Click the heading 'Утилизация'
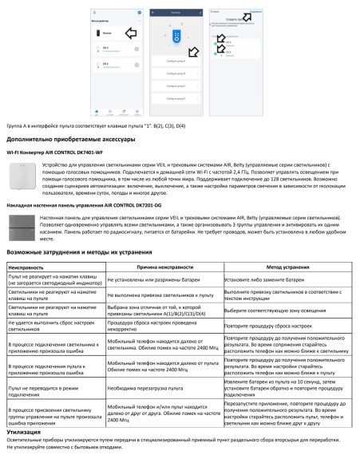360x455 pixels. click(29, 430)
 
